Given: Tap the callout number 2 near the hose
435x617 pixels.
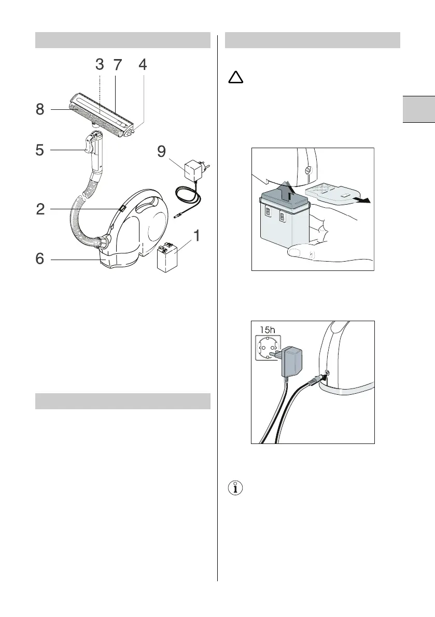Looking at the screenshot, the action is click(x=40, y=209).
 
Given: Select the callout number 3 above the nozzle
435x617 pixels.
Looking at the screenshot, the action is click(x=100, y=65).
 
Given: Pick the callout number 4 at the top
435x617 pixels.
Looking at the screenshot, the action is click(x=143, y=65).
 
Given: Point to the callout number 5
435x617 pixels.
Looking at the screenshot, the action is click(x=40, y=150).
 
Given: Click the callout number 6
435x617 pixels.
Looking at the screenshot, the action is click(x=40, y=259).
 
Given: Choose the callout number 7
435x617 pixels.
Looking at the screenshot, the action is click(x=118, y=65).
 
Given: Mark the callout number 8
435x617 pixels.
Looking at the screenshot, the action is click(x=40, y=110).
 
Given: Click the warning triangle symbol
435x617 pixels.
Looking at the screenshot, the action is click(x=236, y=78).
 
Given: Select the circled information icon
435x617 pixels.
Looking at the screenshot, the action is click(x=236, y=488).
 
